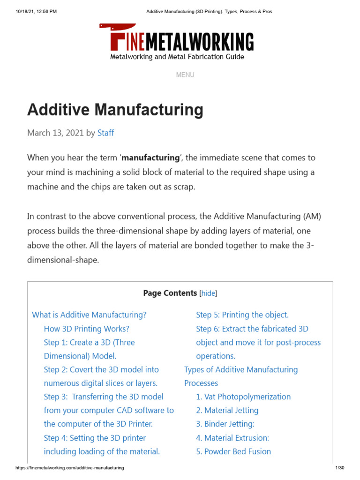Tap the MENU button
click(185, 75)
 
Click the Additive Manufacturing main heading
click(115, 110)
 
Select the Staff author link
click(105, 133)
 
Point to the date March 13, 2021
click(55, 133)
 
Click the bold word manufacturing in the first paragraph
click(150, 157)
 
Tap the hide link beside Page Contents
click(209, 293)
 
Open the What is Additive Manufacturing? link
click(89, 315)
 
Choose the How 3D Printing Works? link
click(86, 329)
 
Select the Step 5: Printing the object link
click(242, 315)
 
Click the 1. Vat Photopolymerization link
click(243, 397)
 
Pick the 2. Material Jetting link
click(227, 410)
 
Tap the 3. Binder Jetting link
click(225, 424)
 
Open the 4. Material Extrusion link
click(232, 438)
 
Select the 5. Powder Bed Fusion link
click(233, 451)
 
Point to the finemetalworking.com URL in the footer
click(70, 468)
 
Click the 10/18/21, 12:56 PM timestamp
click(36, 11)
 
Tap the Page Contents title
click(170, 293)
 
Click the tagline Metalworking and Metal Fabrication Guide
click(177, 57)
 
